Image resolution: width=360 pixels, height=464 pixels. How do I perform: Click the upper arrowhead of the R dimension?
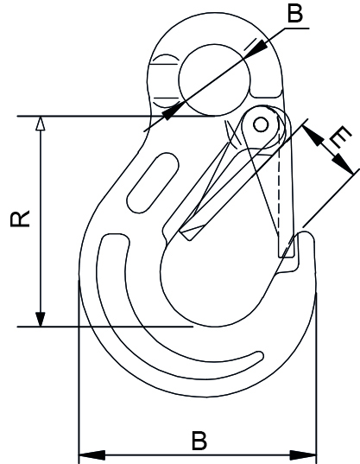tap(38, 124)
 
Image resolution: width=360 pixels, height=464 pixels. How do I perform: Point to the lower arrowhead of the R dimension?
tap(38, 319)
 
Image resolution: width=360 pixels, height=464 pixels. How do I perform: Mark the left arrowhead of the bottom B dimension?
tap(87, 453)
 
